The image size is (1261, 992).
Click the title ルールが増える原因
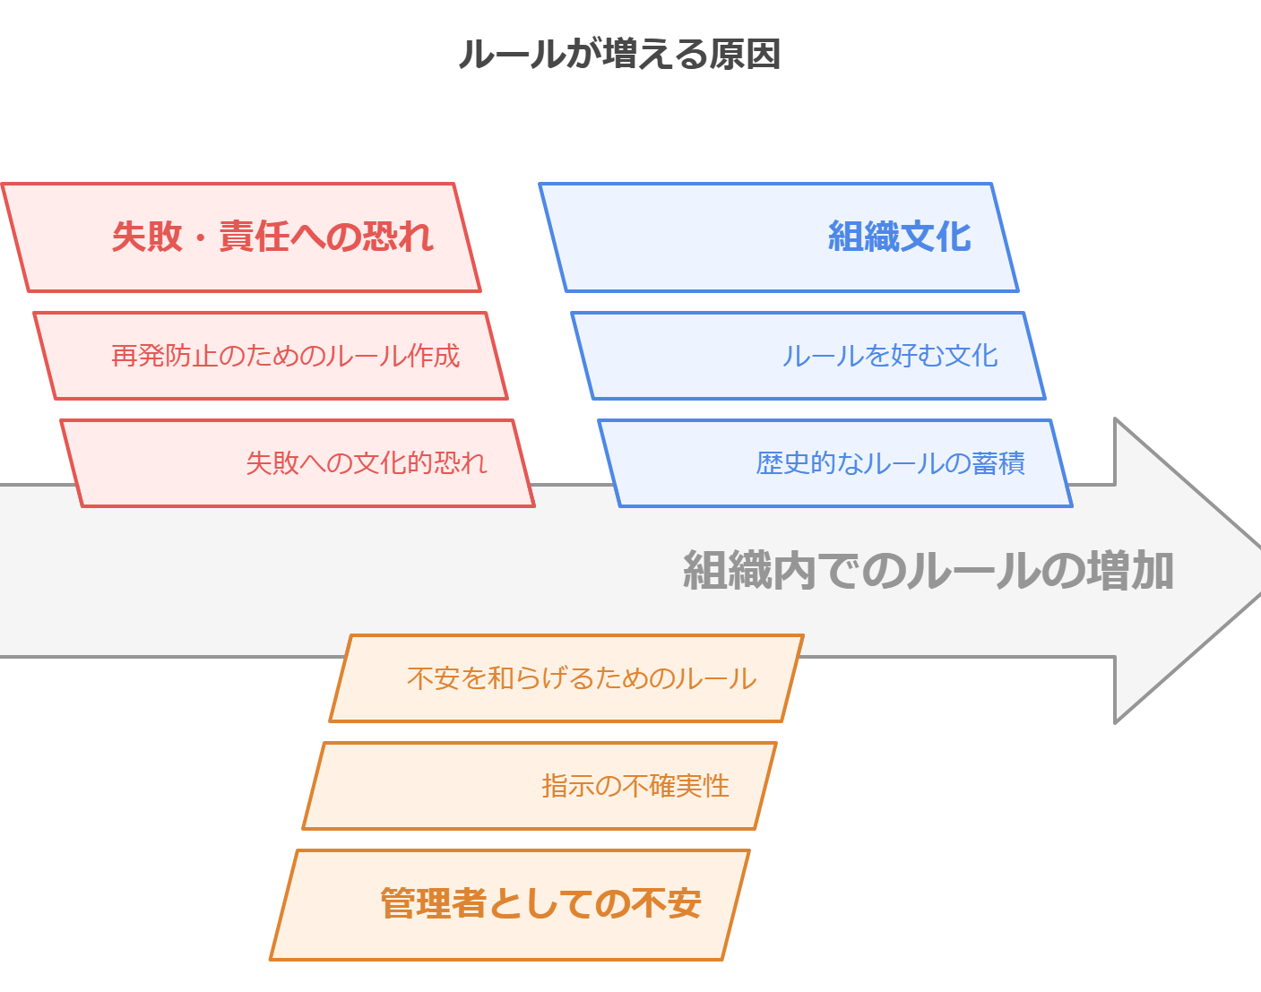coord(619,54)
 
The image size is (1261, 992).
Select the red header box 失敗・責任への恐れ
coord(241,237)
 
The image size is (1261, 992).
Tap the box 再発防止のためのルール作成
coord(270,356)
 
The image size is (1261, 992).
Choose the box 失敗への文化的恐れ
coord(297,463)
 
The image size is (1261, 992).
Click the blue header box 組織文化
coord(779,237)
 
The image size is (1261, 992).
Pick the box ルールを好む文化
coord(808,356)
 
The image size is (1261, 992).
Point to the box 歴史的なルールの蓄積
coord(835,463)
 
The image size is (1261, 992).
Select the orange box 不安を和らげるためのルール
coord(566,678)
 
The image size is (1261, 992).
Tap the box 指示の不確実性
coord(540,786)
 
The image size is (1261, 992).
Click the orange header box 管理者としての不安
coord(510,905)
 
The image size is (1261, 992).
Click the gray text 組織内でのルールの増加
coord(928,570)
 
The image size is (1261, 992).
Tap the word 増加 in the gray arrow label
coord(1130,570)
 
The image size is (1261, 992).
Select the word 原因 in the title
coord(745,54)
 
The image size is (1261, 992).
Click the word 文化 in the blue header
coord(935,237)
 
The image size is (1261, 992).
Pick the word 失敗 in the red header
coord(147,237)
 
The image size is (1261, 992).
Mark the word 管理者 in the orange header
coord(434,903)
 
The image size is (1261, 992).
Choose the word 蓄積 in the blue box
coord(998,463)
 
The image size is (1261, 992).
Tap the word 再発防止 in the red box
coord(164,356)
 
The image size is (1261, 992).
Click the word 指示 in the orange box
coord(568,786)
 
